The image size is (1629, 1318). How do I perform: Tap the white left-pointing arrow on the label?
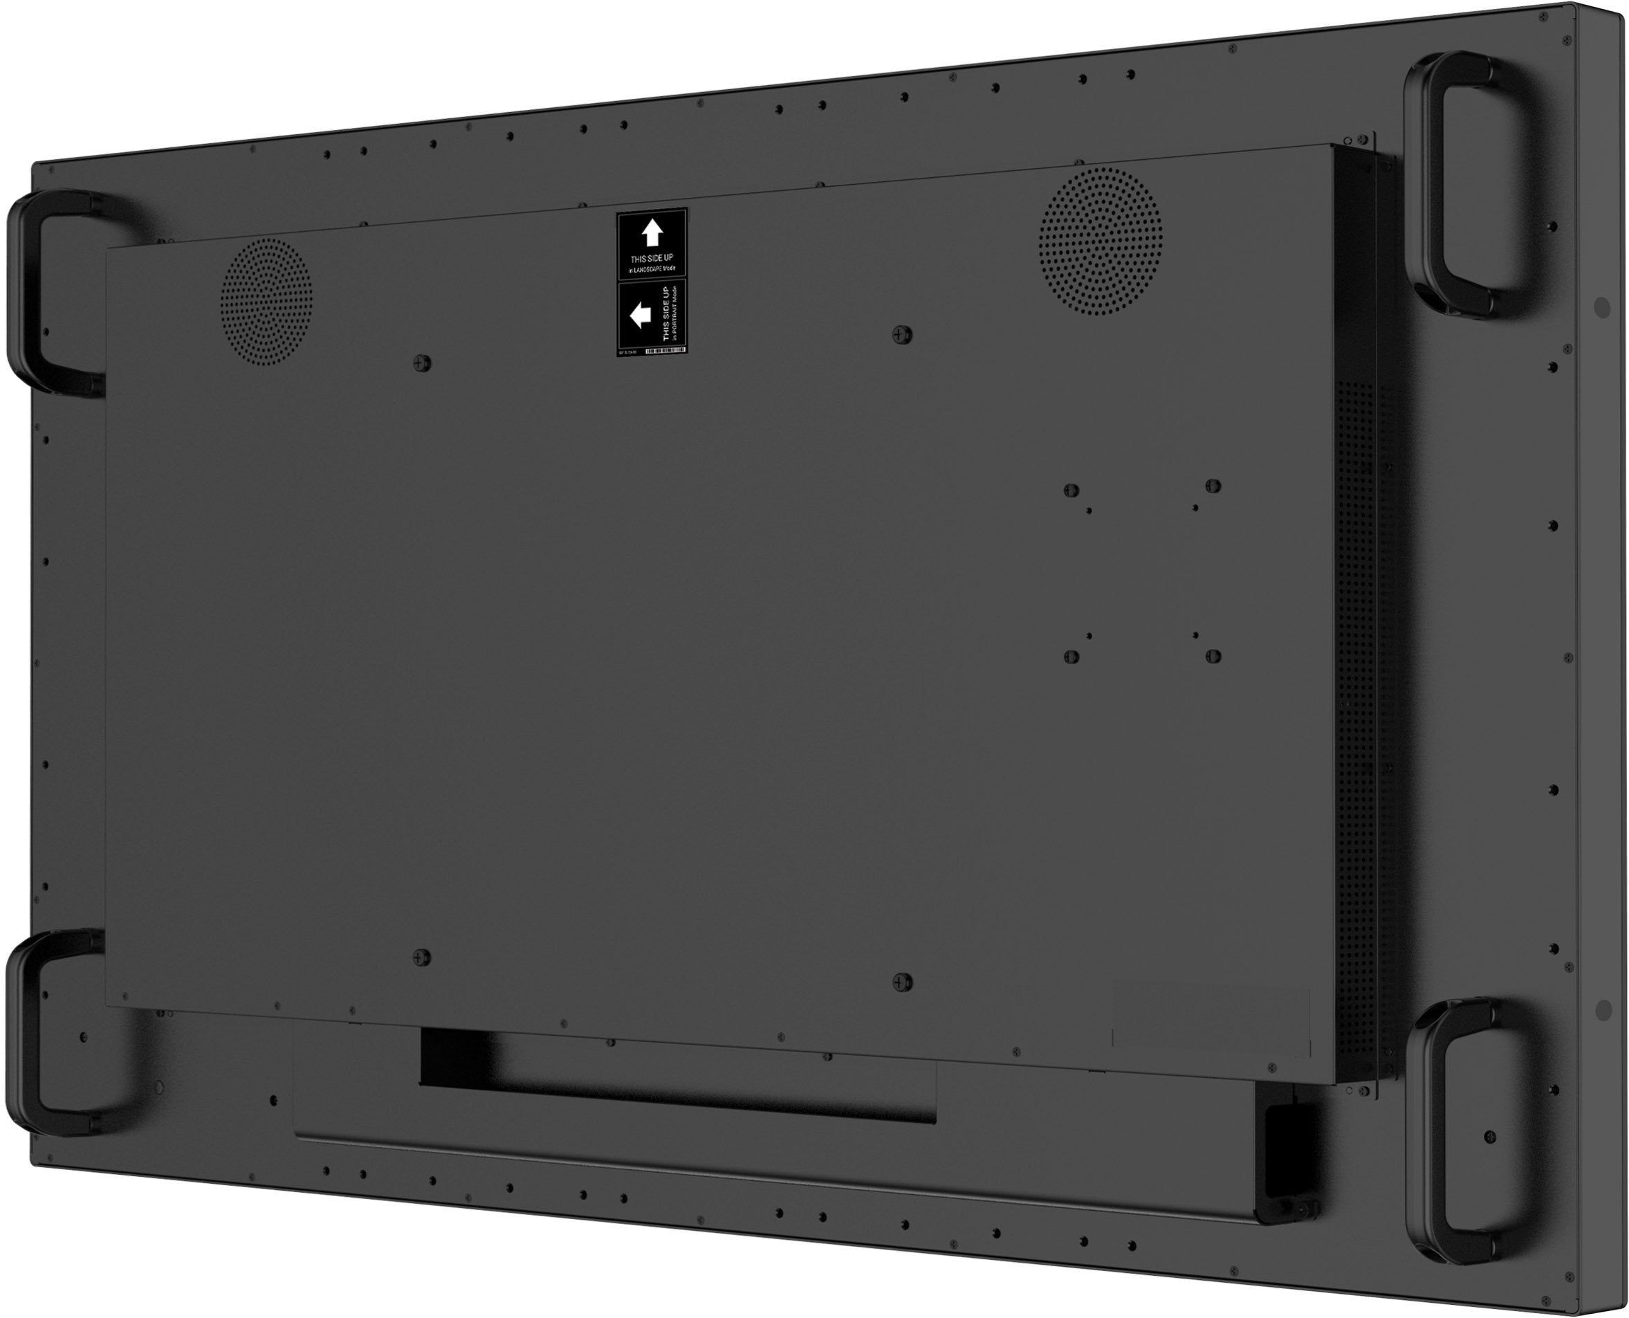coord(641,314)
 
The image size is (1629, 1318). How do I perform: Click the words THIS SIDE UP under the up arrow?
coord(652,258)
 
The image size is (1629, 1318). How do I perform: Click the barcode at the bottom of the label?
coord(665,351)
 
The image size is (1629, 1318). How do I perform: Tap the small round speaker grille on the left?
coord(266,301)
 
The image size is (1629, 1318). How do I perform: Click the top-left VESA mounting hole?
coord(1071,491)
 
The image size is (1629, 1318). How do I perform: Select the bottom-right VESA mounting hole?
coord(1213,655)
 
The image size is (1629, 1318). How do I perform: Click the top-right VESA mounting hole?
coord(1213,486)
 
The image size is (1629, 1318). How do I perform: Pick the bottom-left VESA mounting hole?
coord(1071,655)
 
